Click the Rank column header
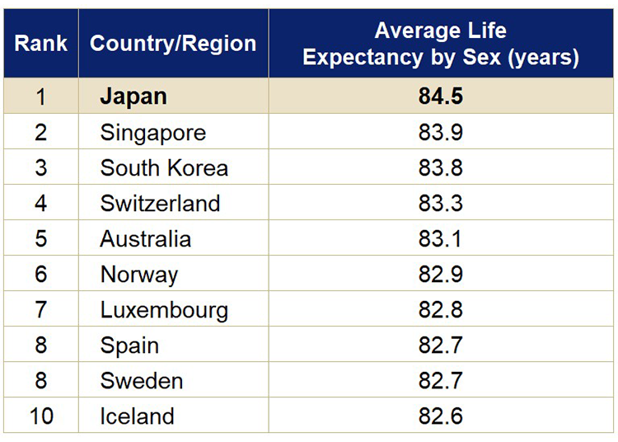[40, 44]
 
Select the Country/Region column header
[173, 44]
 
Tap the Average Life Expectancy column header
[441, 44]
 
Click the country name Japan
[133, 96]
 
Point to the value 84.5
[441, 96]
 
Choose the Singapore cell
[153, 133]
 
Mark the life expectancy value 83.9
[441, 133]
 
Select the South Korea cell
[164, 168]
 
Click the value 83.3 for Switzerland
[441, 204]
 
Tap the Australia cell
[146, 239]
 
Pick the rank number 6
[40, 275]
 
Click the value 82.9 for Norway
[441, 275]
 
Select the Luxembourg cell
[164, 310]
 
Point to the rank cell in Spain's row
[40, 346]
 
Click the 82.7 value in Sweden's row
[441, 381]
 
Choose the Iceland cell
[137, 416]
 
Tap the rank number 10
[40, 416]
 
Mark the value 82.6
[441, 416]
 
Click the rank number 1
[40, 96]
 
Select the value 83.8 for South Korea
[441, 168]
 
